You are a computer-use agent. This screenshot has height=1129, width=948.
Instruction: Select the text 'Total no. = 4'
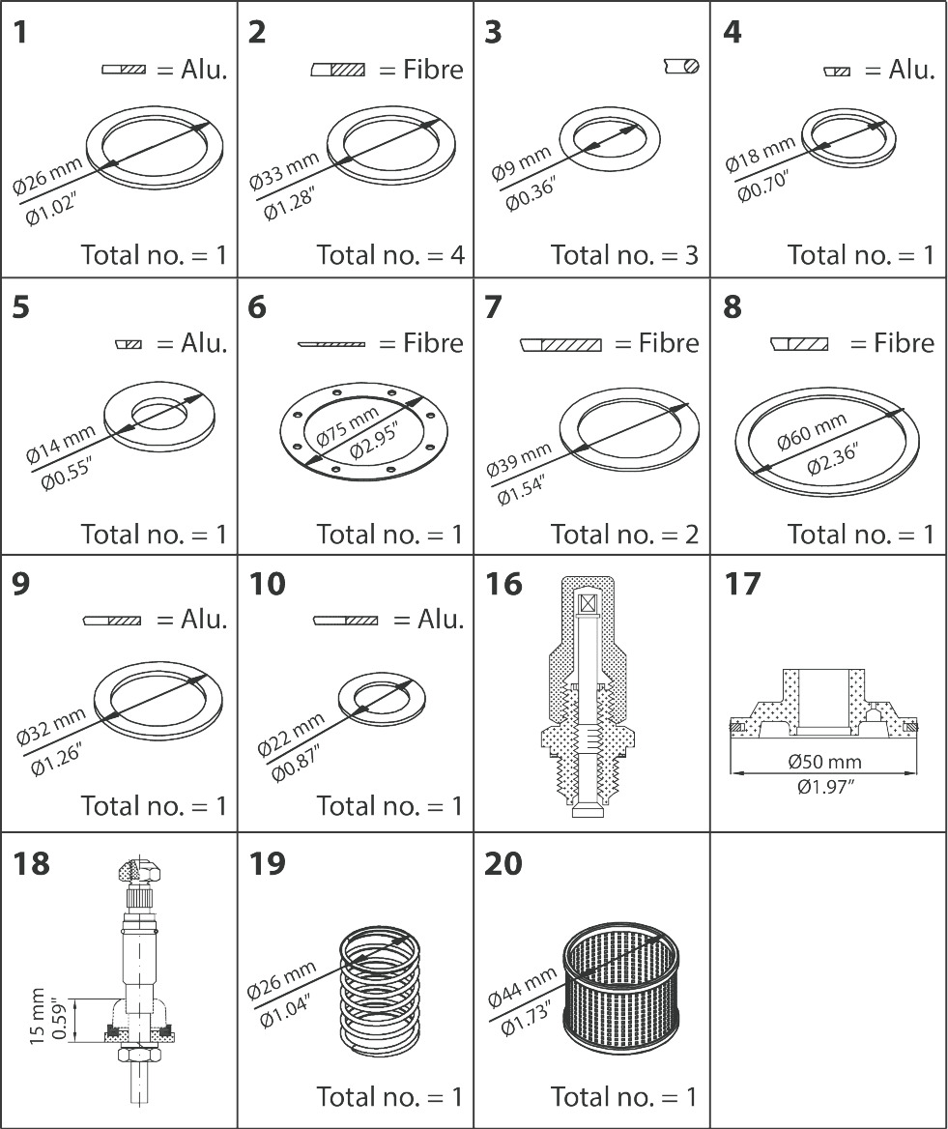(x=390, y=254)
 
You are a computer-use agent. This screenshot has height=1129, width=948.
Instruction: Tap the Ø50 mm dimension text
(x=822, y=762)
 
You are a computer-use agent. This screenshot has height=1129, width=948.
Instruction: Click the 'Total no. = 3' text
(x=624, y=254)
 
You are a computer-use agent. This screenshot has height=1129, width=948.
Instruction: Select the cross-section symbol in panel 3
(x=681, y=66)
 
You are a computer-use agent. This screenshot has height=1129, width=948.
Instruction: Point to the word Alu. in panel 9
(x=204, y=619)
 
